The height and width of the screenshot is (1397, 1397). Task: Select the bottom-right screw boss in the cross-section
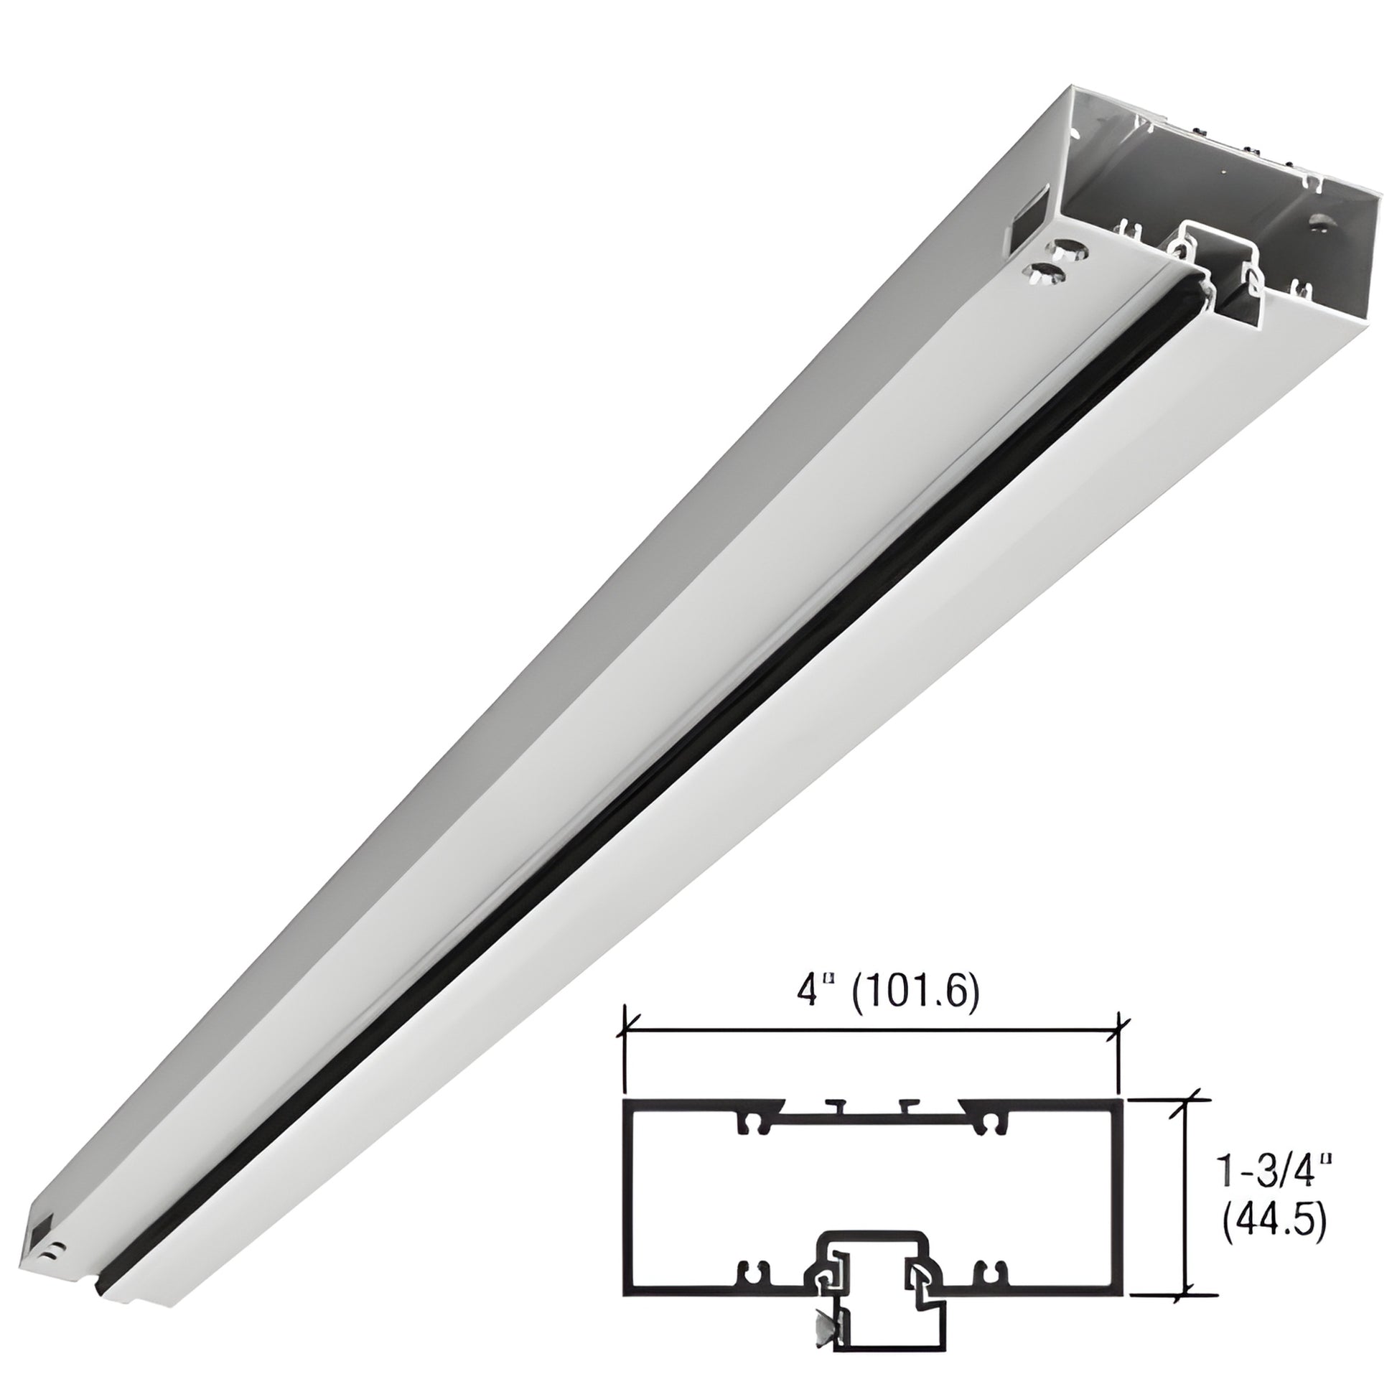(989, 1289)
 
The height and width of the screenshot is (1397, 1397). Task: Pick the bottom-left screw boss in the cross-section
(753, 1289)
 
